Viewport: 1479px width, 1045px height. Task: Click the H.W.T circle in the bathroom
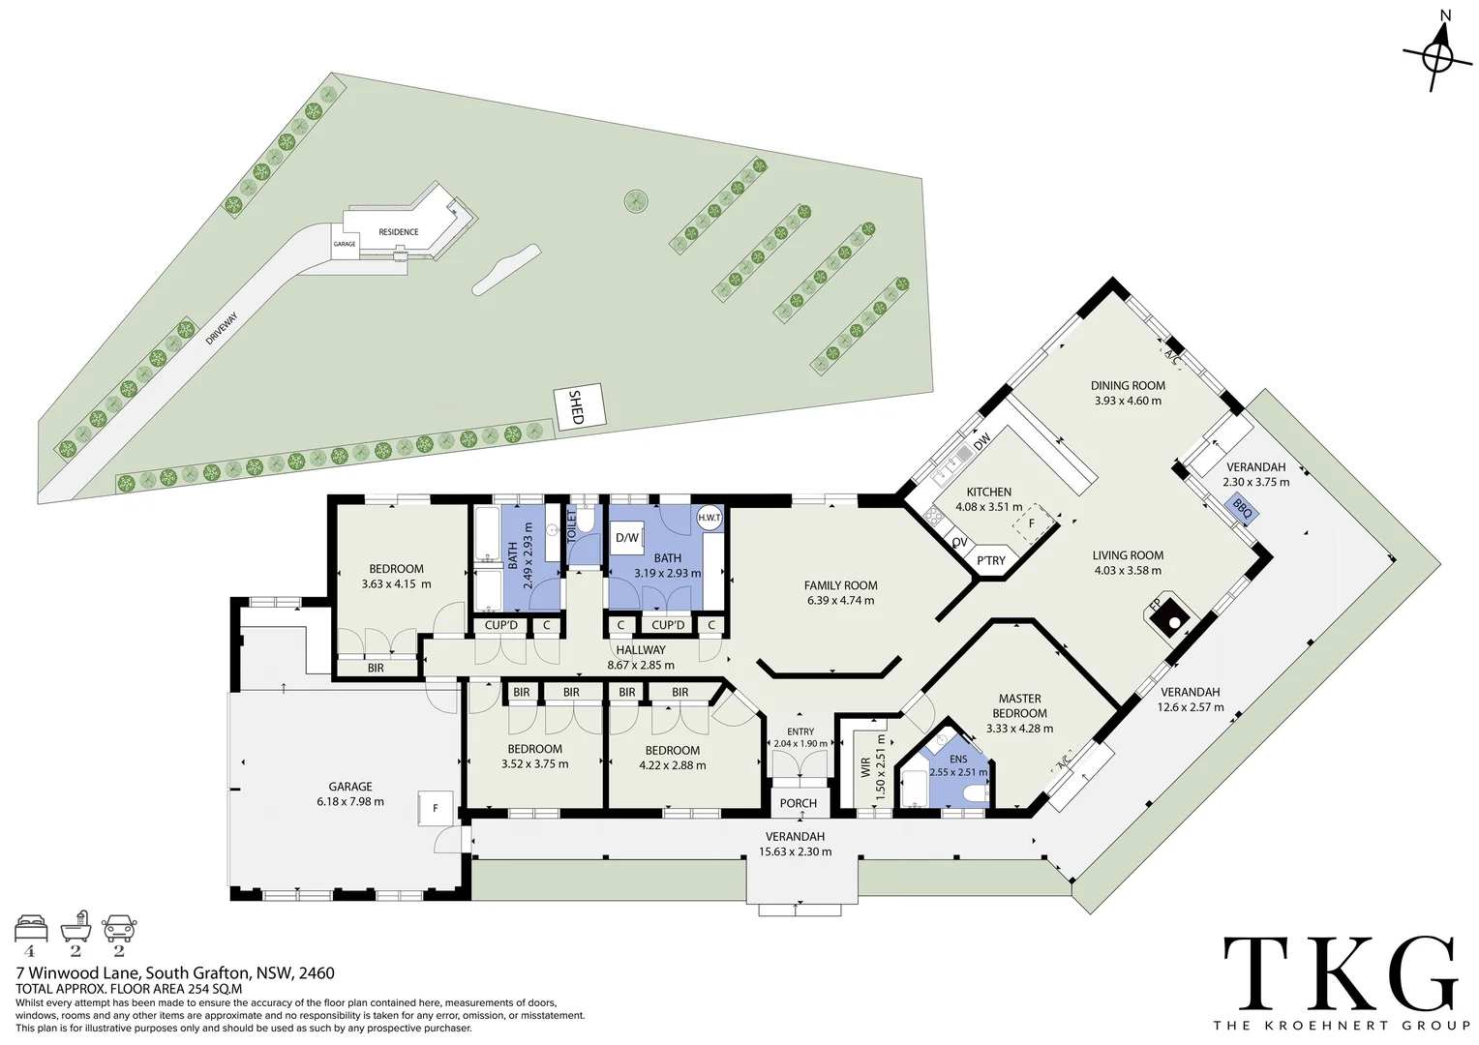(x=709, y=519)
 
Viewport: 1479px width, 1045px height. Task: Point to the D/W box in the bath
(x=627, y=537)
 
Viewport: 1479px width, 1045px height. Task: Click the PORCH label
(x=799, y=803)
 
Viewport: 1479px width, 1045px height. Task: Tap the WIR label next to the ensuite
(x=865, y=766)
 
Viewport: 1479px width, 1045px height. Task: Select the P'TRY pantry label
(x=990, y=560)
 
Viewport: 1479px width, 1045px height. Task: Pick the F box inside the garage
(x=436, y=808)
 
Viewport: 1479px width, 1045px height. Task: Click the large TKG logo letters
(x=1341, y=972)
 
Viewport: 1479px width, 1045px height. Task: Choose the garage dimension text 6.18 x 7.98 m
(x=350, y=801)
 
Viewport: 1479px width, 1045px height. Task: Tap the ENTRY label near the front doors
(x=800, y=731)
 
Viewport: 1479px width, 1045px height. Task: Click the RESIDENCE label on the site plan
(x=398, y=232)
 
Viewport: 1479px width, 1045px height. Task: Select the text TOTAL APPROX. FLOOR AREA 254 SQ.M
(x=129, y=989)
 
